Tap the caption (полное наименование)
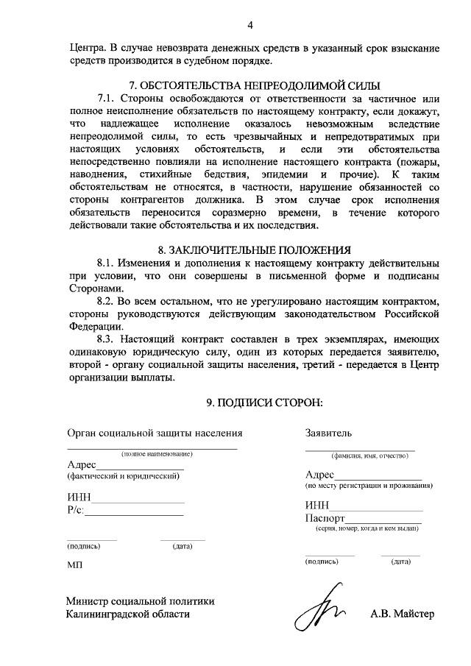click(157, 454)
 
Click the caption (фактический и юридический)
click(123, 476)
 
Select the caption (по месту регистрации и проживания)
click(369, 486)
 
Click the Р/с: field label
click(75, 510)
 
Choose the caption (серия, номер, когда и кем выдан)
click(366, 529)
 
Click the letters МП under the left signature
click(74, 564)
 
